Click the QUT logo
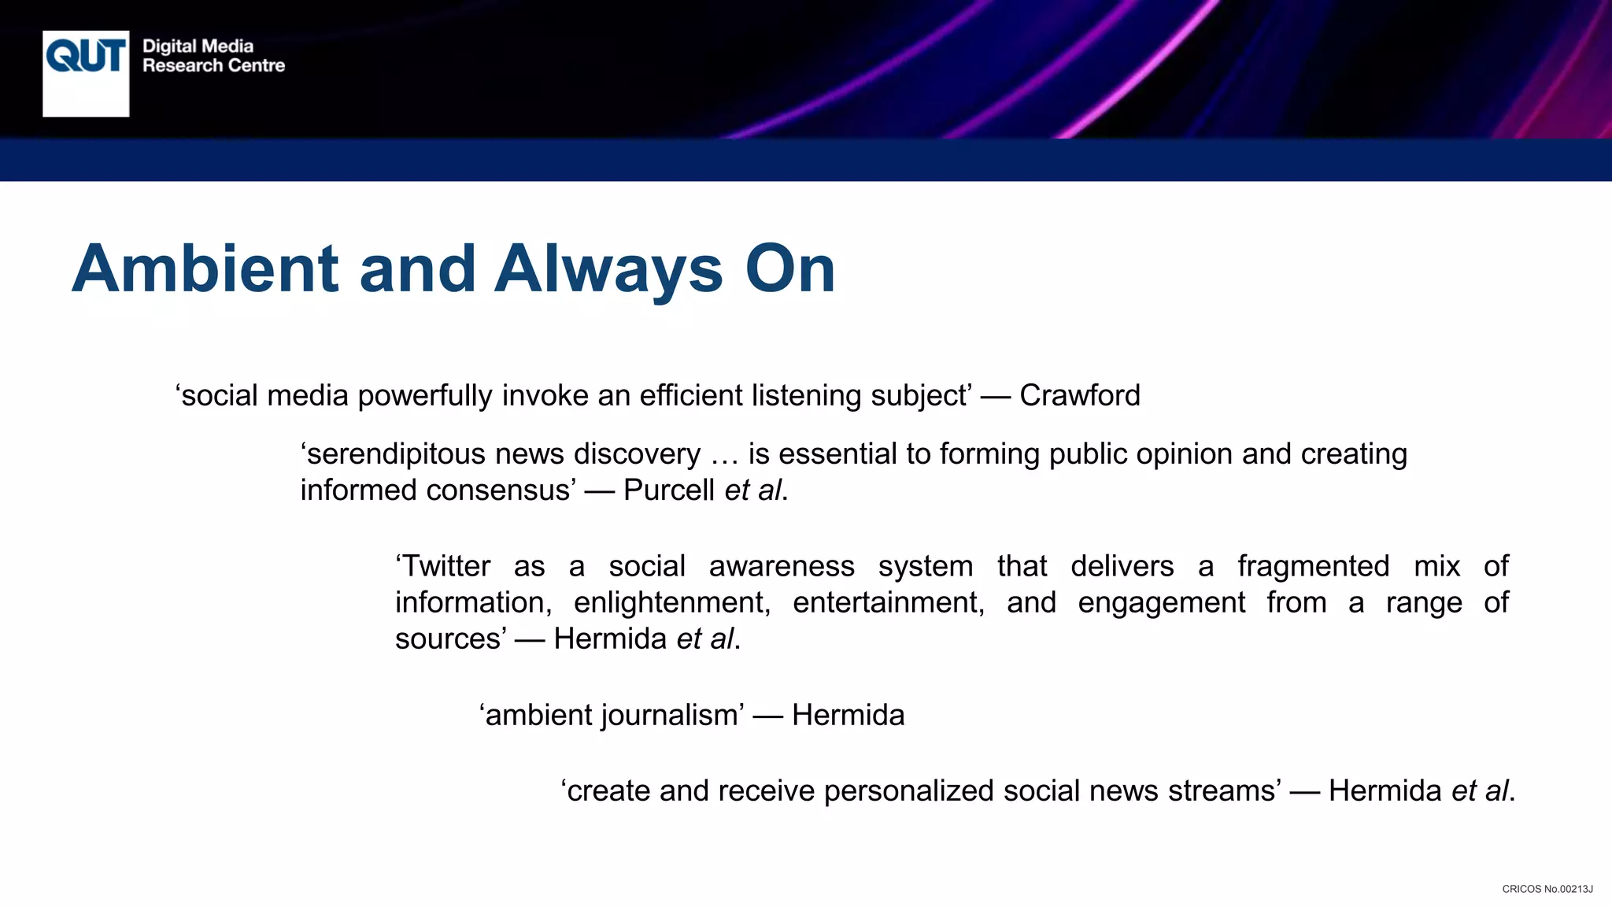(86, 73)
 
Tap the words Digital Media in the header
(198, 46)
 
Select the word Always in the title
(608, 269)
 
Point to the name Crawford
(1079, 395)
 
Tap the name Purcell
(668, 491)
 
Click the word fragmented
(1313, 566)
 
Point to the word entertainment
(888, 602)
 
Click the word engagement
(1161, 602)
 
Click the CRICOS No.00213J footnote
(1547, 889)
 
